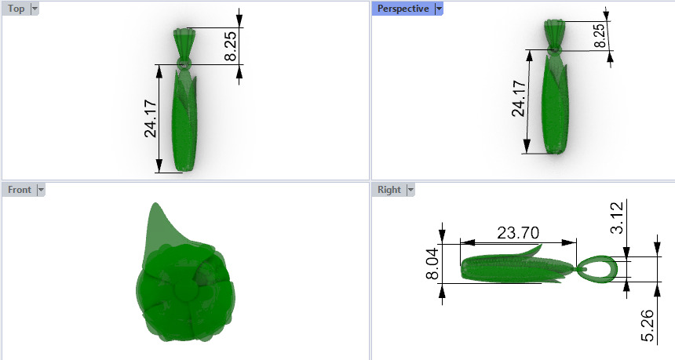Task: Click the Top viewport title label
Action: (16, 9)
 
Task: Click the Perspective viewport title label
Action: (403, 9)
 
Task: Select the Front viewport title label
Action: (19, 190)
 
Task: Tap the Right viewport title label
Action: (389, 190)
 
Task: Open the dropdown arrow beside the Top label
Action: (35, 9)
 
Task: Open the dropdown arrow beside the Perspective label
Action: (439, 9)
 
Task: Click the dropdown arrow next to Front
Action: (41, 190)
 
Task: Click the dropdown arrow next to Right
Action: (410, 190)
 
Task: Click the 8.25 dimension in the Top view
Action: (231, 46)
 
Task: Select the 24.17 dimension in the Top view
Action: (151, 118)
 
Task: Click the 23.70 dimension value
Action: (518, 232)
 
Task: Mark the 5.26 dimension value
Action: (648, 325)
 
